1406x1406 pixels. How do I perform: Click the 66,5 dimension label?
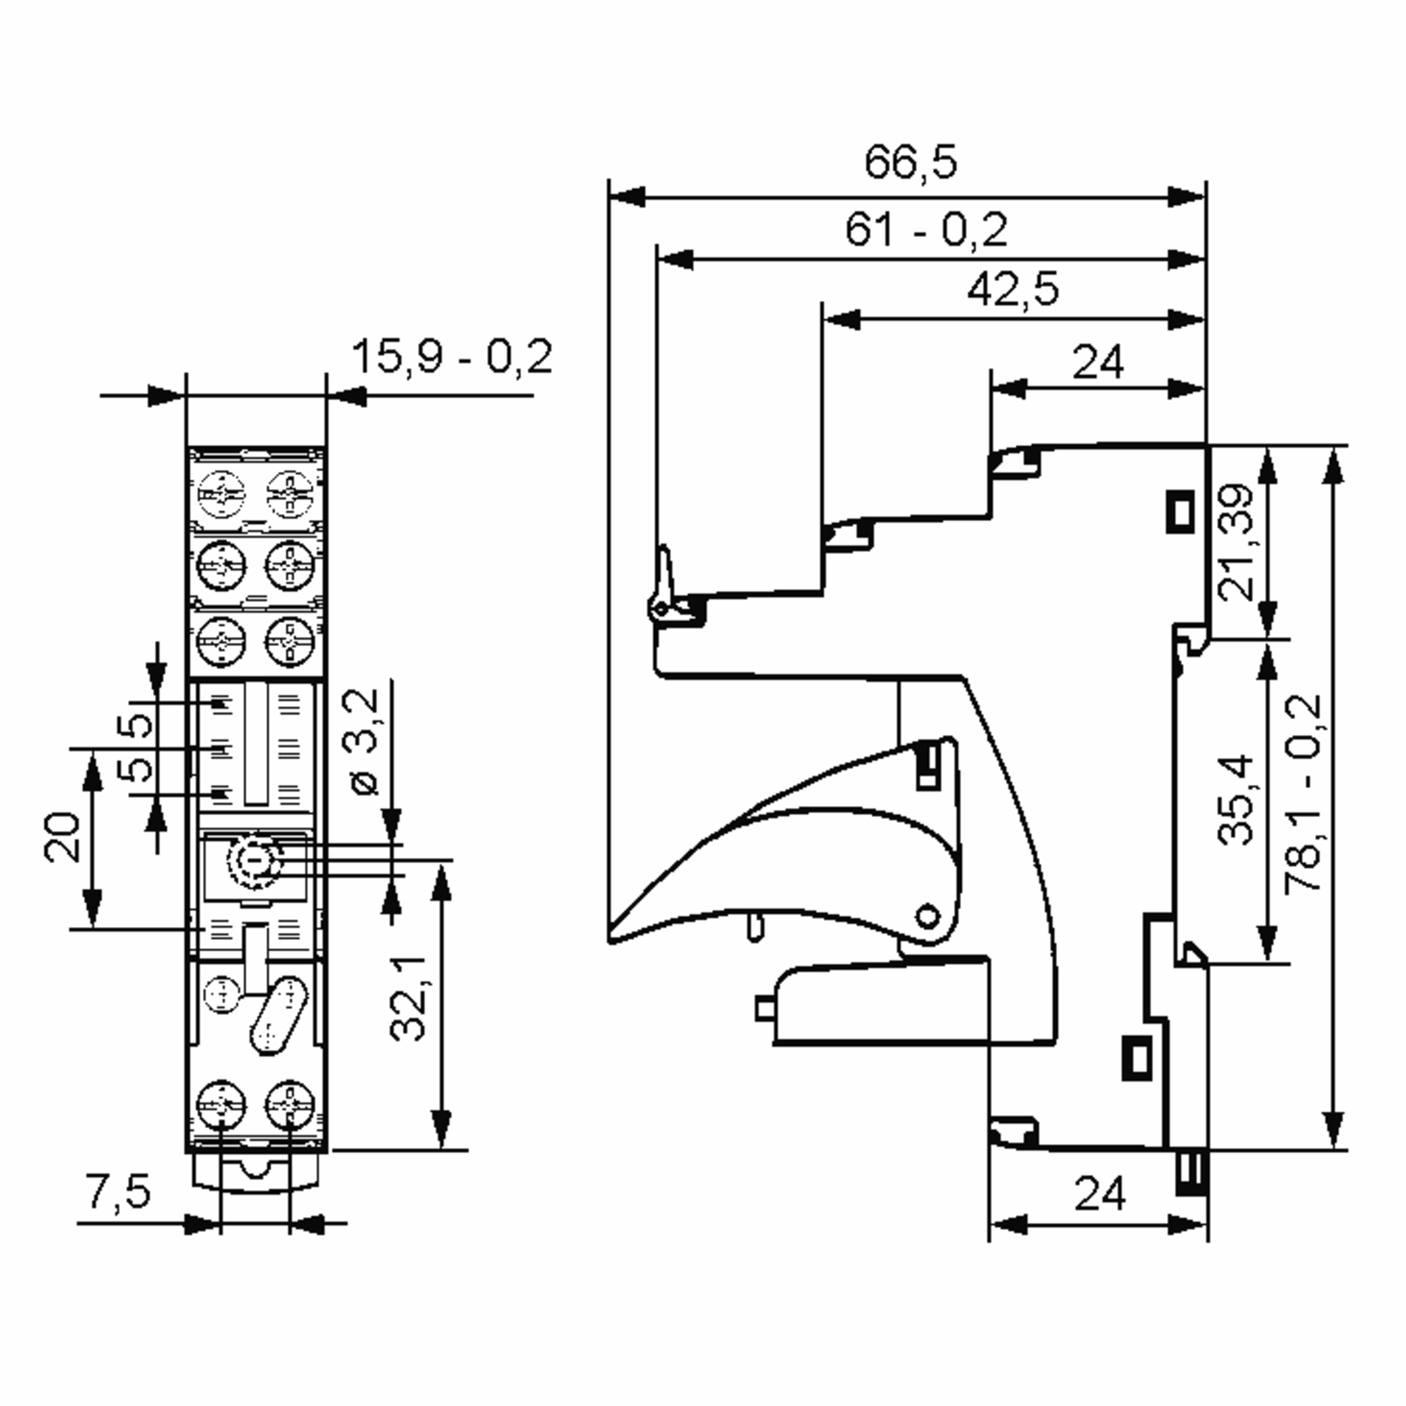pos(910,162)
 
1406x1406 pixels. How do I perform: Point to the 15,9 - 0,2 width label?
pos(452,357)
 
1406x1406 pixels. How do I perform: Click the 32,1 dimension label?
pos(408,998)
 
